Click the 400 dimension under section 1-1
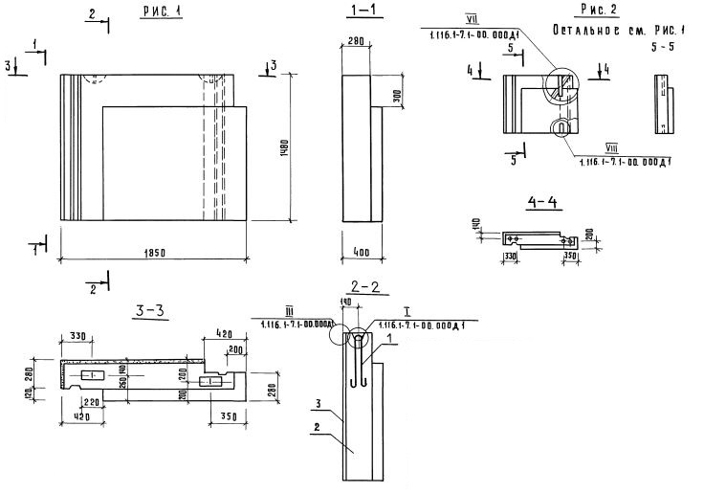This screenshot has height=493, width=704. tap(361, 252)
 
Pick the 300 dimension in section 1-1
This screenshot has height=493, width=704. tap(395, 96)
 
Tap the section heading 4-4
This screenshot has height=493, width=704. tap(541, 201)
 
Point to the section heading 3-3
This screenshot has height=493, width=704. tap(154, 309)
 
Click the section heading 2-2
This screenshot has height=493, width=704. tap(366, 285)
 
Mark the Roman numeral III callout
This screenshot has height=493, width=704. tap(288, 312)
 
